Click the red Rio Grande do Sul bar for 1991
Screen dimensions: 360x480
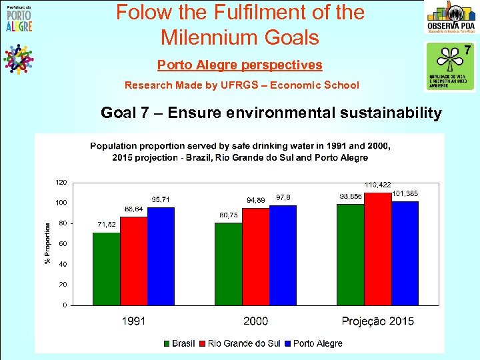(133, 261)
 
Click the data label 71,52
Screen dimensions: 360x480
(107, 225)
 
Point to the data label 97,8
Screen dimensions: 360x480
(283, 197)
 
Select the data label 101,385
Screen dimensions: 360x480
(406, 193)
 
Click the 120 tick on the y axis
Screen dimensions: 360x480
(61, 182)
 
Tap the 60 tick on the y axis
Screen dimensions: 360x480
(62, 244)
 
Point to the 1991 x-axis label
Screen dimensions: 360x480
(133, 321)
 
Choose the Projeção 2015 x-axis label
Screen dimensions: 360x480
(377, 321)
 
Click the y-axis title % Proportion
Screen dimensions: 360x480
(47, 243)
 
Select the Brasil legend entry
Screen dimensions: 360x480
(179, 343)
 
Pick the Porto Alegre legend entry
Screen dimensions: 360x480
(313, 343)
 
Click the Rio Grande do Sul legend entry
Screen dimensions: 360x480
(239, 343)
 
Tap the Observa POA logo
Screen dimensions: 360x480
(451, 18)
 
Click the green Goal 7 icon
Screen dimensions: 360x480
(450, 65)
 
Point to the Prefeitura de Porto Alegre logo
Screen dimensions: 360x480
(18, 18)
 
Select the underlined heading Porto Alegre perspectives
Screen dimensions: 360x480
(239, 65)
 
